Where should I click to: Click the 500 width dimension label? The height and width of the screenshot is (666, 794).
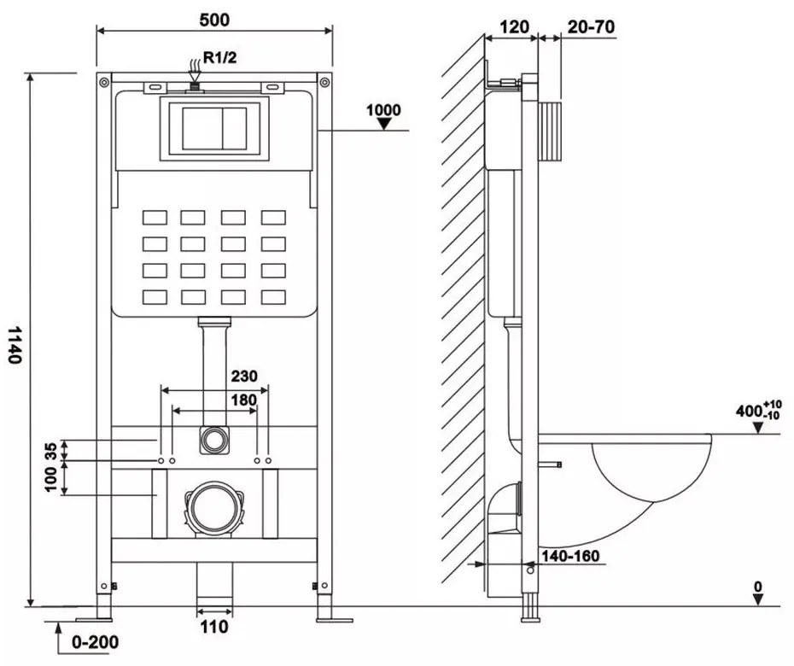[213, 19]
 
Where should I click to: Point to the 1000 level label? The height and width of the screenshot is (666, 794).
[383, 109]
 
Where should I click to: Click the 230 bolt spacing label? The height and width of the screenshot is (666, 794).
[243, 376]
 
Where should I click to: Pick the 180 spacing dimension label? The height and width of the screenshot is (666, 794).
[243, 398]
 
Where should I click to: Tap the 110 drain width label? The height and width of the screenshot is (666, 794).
[214, 628]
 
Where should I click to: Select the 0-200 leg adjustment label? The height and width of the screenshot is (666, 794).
[94, 641]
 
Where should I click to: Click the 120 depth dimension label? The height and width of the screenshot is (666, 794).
[512, 26]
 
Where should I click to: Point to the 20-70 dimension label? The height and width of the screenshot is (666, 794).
[591, 26]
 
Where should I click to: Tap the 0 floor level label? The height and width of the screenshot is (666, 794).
[758, 587]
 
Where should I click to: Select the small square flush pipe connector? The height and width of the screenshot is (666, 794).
[213, 440]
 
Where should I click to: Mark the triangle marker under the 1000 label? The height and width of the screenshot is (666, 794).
[385, 124]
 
